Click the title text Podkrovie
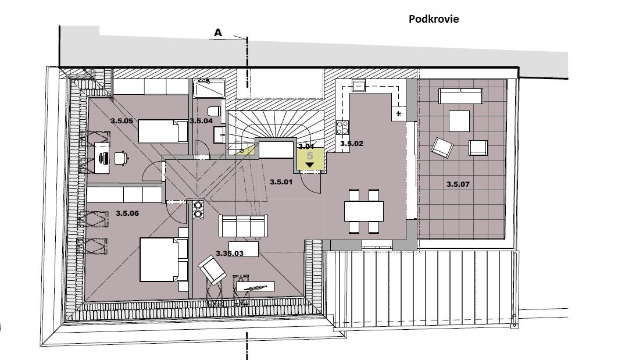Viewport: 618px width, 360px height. (434, 19)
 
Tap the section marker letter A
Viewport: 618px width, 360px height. (218, 33)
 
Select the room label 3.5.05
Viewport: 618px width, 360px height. (122, 121)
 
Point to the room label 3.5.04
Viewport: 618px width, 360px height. (201, 121)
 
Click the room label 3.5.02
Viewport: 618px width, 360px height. (352, 144)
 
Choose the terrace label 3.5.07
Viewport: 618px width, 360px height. (458, 184)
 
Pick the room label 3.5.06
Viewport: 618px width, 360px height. (127, 213)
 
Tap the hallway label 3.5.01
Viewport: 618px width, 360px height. (281, 182)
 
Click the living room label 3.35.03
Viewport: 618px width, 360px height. (230, 254)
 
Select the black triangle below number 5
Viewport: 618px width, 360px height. (310, 165)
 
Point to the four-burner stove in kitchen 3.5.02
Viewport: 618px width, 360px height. (342, 127)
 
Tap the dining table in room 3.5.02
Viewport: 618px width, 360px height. (364, 211)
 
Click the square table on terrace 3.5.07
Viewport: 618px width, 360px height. (459, 121)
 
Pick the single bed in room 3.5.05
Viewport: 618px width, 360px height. (163, 131)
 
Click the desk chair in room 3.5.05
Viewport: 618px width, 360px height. (121, 158)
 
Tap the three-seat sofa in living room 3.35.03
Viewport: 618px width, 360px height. (244, 226)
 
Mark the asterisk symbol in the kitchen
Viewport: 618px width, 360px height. (398, 114)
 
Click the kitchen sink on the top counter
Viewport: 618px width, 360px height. (358, 85)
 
